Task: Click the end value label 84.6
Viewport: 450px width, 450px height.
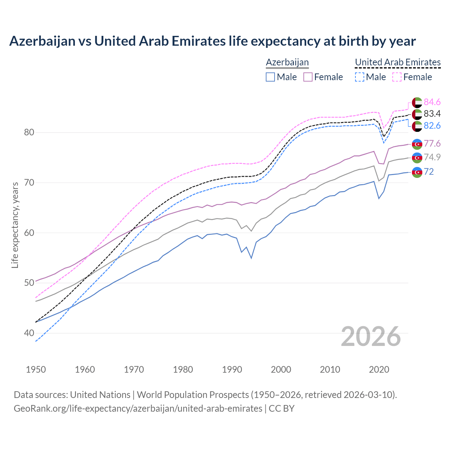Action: [x=432, y=102]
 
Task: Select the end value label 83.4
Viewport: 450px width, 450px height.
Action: [x=432, y=114]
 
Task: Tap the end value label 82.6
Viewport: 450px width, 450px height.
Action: [x=432, y=126]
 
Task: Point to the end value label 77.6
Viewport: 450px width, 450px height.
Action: [x=432, y=143]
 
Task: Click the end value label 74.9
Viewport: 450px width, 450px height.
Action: [x=432, y=157]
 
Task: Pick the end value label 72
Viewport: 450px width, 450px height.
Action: [x=429, y=172]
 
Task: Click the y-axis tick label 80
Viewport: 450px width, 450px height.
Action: [x=29, y=133]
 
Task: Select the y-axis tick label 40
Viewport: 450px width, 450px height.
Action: [x=29, y=333]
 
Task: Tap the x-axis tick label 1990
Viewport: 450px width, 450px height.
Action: [x=232, y=369]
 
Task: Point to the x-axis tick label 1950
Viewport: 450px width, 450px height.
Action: [x=36, y=369]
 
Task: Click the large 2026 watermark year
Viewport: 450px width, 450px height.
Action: [x=371, y=336]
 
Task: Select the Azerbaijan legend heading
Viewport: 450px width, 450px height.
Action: [x=287, y=62]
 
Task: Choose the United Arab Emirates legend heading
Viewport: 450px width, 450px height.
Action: [x=398, y=62]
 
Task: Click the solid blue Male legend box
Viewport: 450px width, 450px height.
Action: [x=270, y=77]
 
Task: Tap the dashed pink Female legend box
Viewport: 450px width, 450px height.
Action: [x=397, y=77]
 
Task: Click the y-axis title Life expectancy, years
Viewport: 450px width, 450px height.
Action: [x=15, y=225]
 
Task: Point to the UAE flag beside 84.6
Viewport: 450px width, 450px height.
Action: [x=417, y=102]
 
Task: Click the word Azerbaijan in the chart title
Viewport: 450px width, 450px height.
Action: [x=42, y=41]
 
